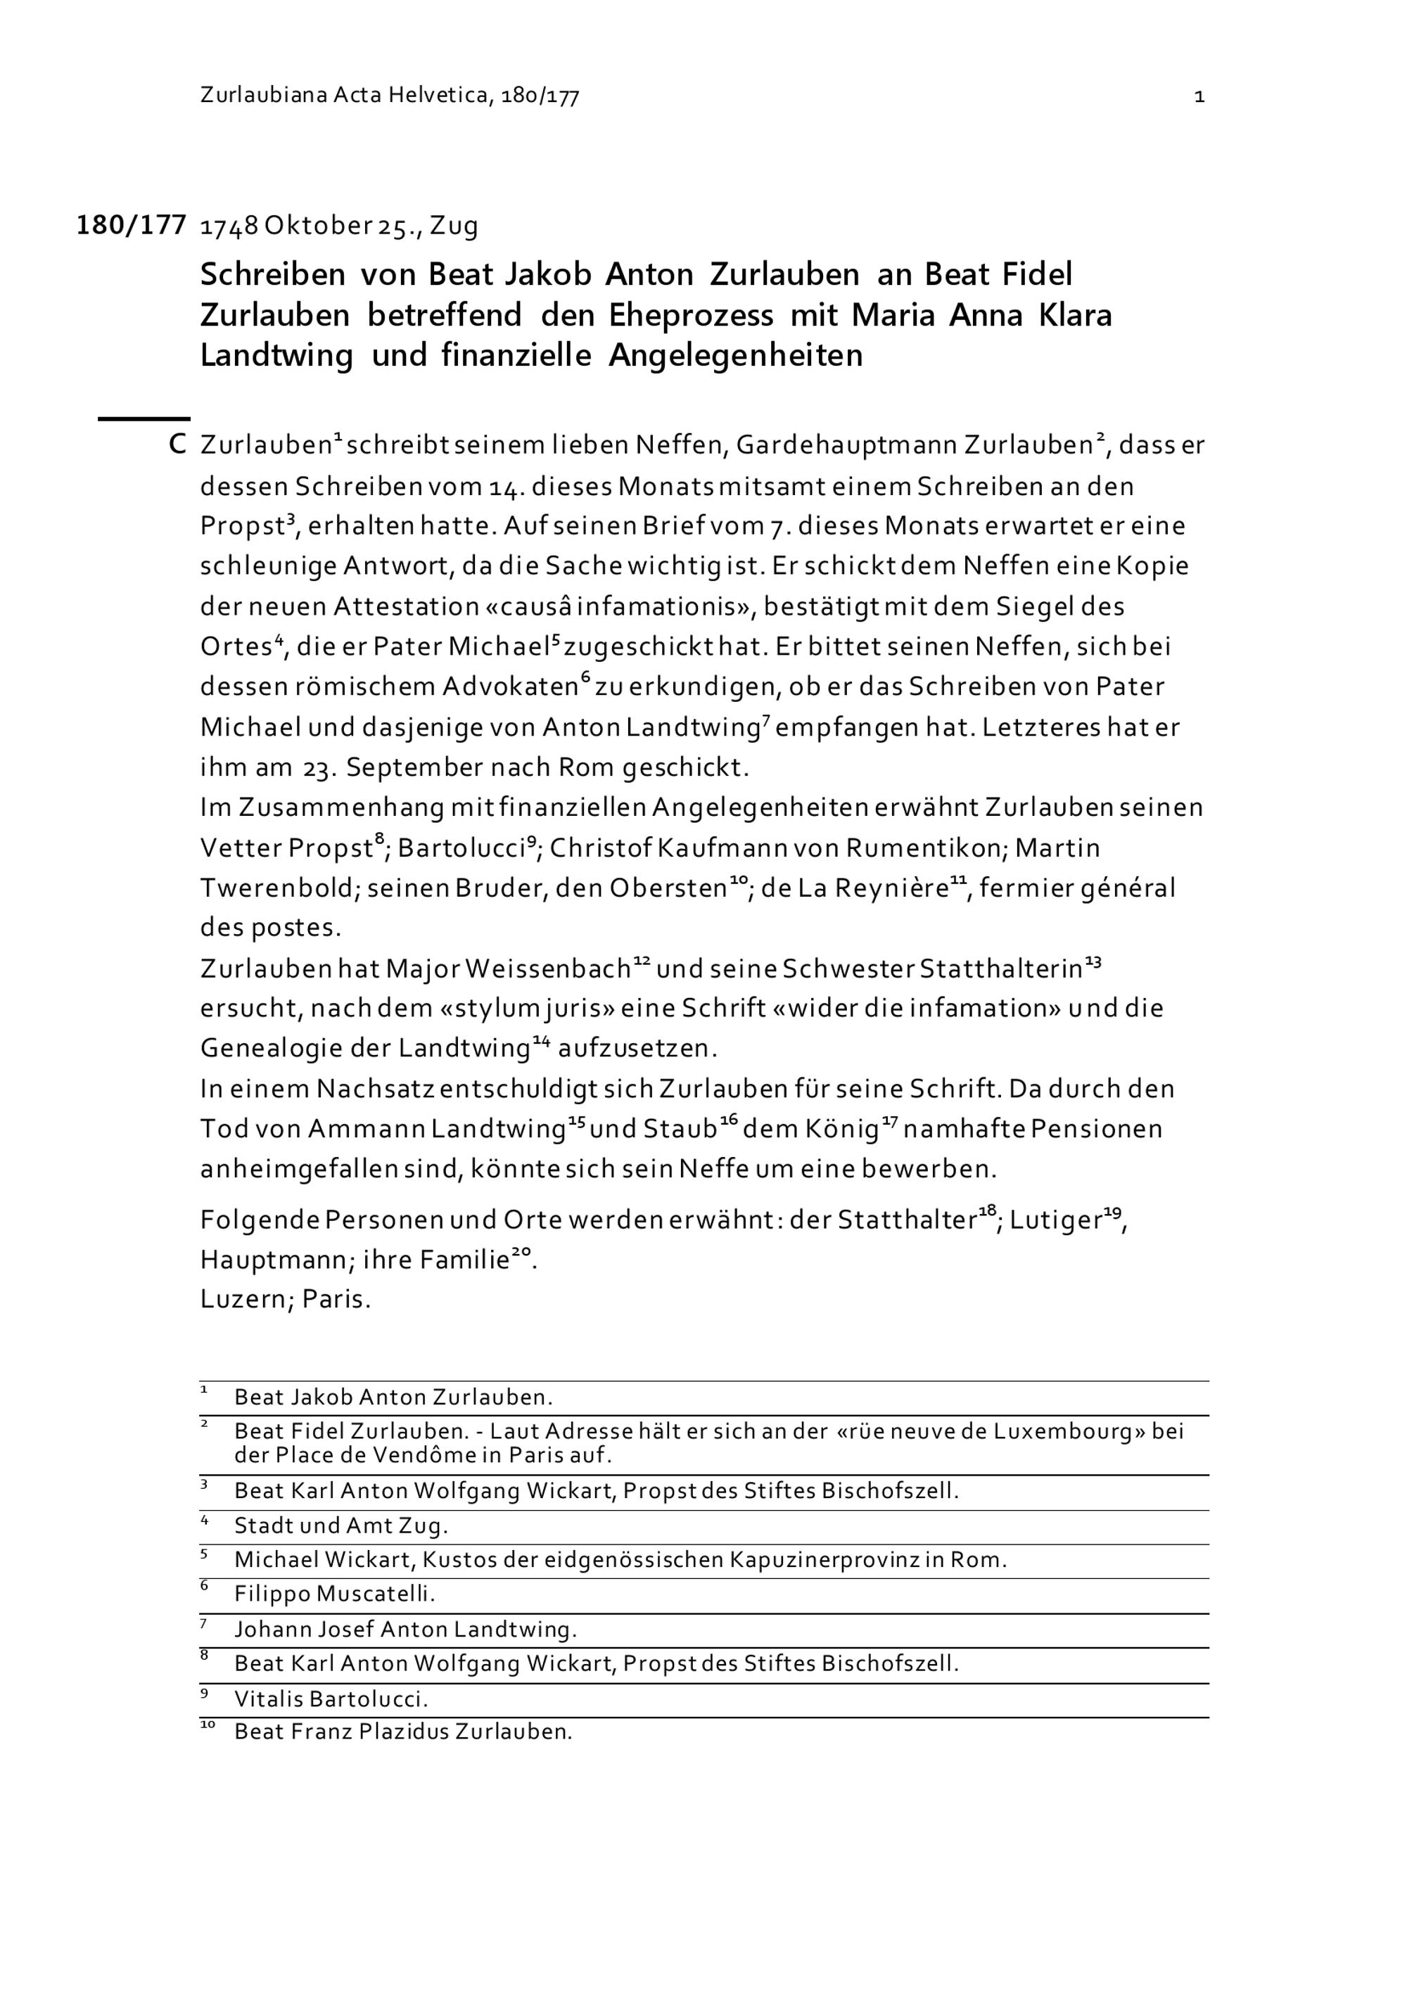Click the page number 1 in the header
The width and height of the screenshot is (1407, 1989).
point(1199,96)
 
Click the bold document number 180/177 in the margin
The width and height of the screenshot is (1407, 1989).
point(131,225)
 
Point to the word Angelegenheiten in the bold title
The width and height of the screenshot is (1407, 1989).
point(734,355)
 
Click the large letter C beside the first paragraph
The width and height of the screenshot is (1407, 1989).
point(177,445)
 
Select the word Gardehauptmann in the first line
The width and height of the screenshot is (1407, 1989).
point(846,445)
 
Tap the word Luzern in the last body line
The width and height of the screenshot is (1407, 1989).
point(244,1300)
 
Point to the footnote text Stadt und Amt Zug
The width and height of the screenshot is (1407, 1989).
point(340,1525)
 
